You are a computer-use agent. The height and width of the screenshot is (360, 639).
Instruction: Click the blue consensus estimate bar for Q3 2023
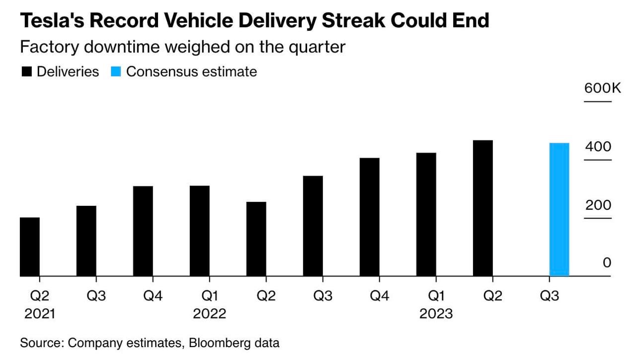[x=559, y=209]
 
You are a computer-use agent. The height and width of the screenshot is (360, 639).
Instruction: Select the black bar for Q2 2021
[x=30, y=247]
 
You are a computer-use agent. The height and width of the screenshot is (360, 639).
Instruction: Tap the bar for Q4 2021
[x=143, y=231]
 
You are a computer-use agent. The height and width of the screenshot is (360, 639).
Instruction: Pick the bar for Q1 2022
[x=200, y=231]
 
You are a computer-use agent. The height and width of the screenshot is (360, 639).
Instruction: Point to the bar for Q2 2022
[x=256, y=239]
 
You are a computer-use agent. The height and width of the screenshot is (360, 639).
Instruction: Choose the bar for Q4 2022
[x=370, y=217]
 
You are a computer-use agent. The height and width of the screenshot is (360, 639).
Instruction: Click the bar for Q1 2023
[x=426, y=214]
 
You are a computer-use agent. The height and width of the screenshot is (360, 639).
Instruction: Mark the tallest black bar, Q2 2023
[x=483, y=208]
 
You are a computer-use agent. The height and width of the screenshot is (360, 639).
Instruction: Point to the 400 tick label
[x=598, y=147]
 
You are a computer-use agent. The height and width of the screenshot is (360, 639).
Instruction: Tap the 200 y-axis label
[x=598, y=205]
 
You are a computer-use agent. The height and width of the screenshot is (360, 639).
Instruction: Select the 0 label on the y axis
[x=607, y=263]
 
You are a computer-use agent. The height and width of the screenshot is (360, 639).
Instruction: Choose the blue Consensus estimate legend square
[x=116, y=72]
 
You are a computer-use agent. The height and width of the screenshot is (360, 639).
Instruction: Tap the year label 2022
[x=209, y=314]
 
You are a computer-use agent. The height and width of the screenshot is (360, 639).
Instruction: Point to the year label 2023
[x=436, y=314]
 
